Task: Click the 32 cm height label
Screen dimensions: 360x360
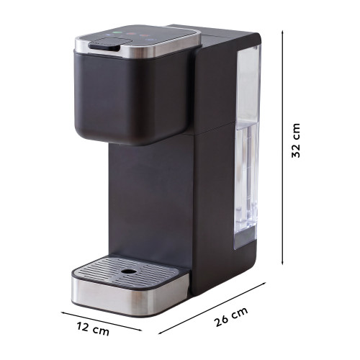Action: [296, 140]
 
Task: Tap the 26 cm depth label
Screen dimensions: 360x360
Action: [231, 317]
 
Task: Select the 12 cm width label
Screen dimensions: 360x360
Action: [93, 328]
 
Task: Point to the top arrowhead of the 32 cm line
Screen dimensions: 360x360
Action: [282, 32]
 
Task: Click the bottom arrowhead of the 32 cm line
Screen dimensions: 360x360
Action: [282, 263]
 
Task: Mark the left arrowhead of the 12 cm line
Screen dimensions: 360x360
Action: [63, 312]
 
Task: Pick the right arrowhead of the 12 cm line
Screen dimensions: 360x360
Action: [140, 330]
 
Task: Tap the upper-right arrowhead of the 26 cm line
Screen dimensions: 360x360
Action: [264, 284]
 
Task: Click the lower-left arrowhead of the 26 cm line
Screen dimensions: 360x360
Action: [161, 333]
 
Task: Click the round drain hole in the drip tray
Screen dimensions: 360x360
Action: [129, 271]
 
